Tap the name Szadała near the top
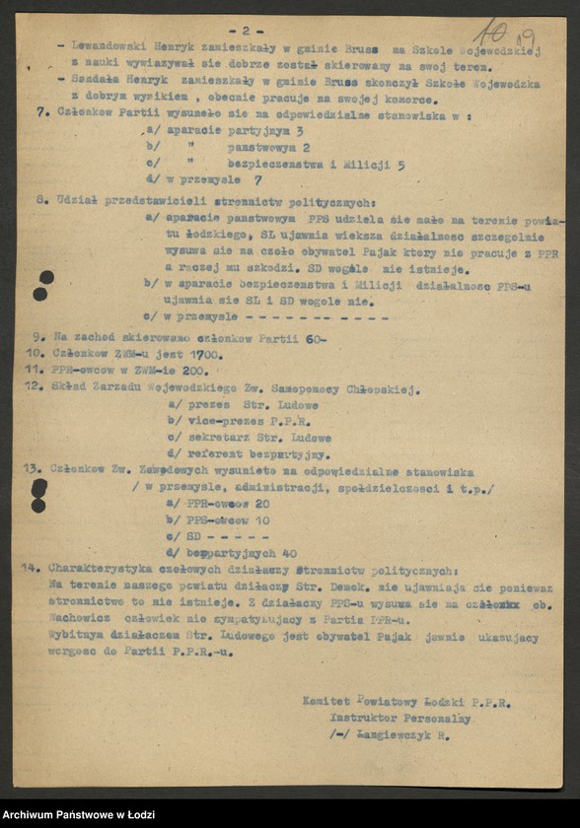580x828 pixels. tap(94, 82)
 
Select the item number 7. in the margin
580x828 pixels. tap(41, 114)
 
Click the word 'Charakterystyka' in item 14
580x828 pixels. tap(102, 570)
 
